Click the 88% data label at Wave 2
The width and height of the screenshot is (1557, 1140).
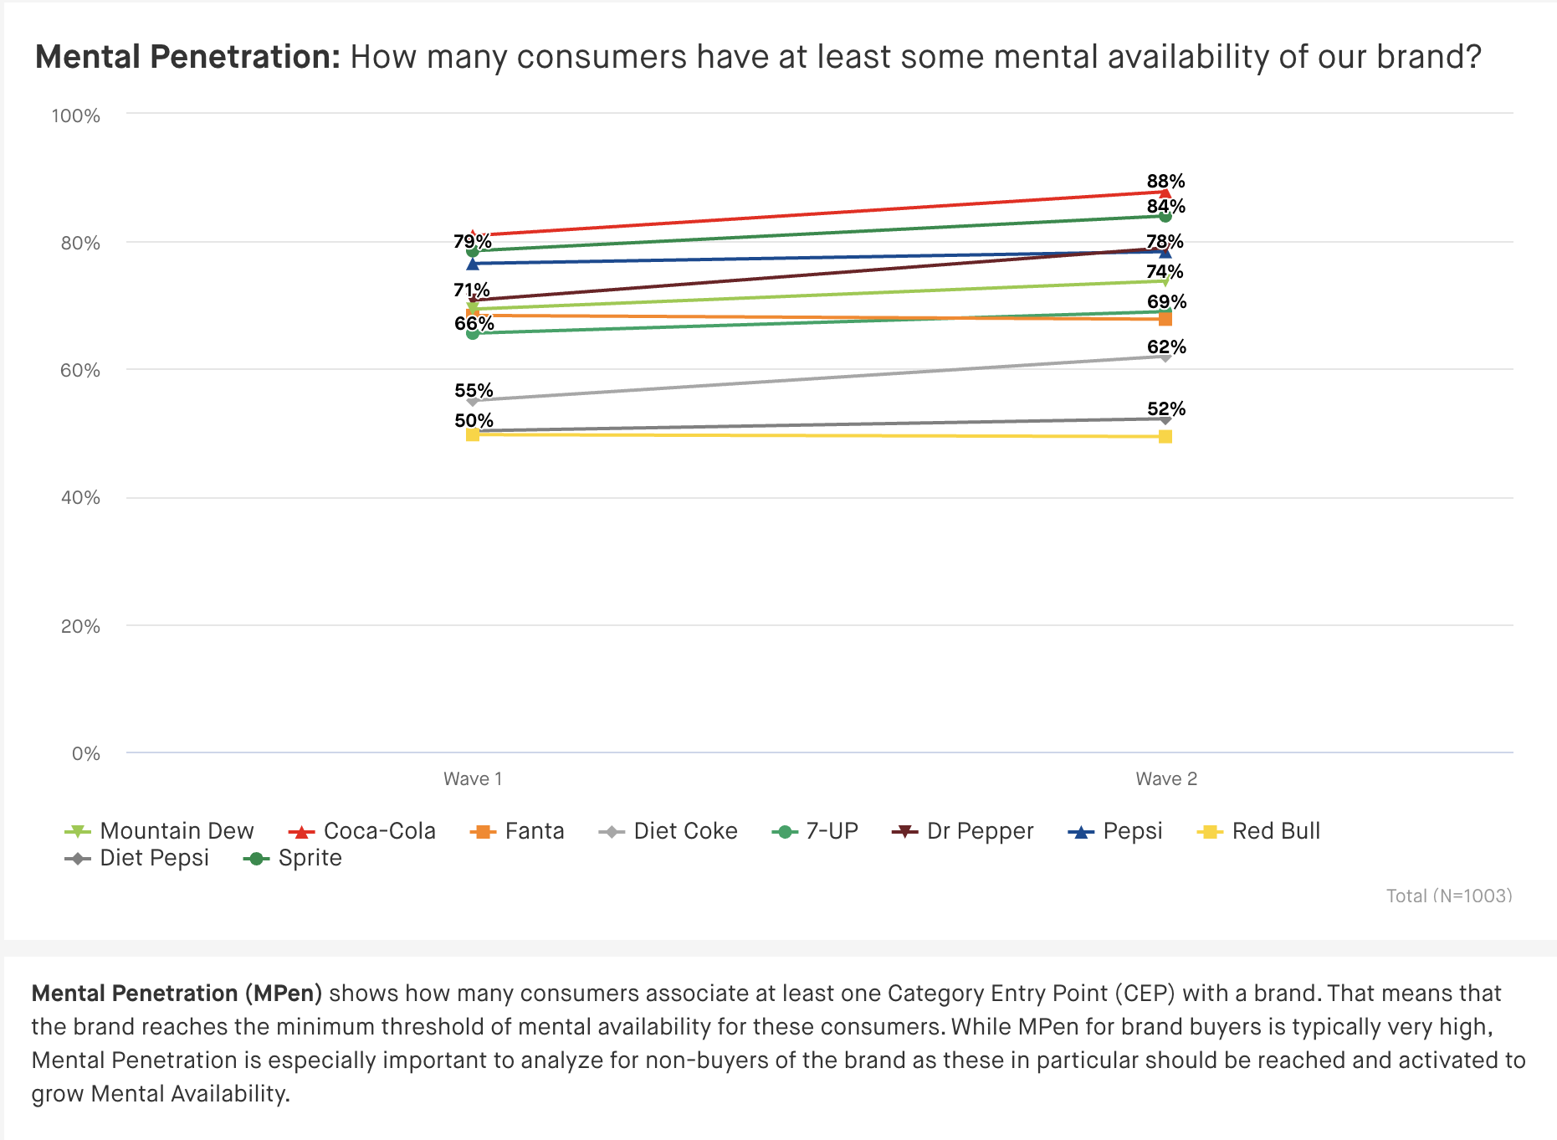coord(1165,182)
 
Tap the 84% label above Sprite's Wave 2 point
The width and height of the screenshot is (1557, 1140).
coord(1165,207)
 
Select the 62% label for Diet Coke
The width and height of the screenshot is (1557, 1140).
coord(1166,347)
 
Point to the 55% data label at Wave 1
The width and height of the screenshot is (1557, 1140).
coord(474,391)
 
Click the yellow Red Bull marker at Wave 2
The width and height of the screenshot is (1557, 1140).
coord(1165,437)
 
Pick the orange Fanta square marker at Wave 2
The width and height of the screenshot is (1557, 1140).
coord(1165,319)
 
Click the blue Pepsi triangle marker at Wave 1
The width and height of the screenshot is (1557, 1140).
coord(473,264)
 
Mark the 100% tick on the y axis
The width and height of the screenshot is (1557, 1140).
coord(75,116)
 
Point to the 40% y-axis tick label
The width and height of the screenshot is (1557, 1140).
coord(79,498)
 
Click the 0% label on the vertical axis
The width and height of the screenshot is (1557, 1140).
coord(85,754)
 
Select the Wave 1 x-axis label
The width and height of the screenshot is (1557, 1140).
coord(473,779)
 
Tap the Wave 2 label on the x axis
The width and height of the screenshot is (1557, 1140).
coord(1166,779)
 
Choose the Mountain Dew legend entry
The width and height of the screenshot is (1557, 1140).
coord(160,831)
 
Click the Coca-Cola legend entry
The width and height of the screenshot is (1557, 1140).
coord(362,831)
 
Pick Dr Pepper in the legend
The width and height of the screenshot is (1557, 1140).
coord(964,831)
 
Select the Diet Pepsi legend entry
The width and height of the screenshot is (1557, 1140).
coord(137,858)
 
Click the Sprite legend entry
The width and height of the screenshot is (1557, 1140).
coord(293,858)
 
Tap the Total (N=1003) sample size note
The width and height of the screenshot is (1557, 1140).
coord(1449,896)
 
